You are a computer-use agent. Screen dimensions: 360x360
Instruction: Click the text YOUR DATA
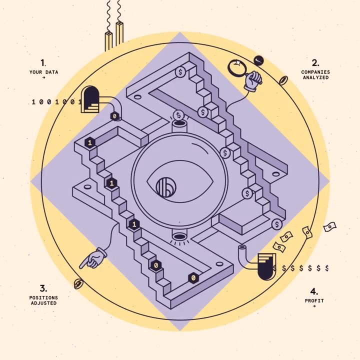(x=43, y=72)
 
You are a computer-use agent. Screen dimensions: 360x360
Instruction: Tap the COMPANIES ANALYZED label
(x=315, y=75)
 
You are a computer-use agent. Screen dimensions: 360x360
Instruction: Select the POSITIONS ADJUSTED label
(x=43, y=300)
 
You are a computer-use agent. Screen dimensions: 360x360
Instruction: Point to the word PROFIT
(x=314, y=301)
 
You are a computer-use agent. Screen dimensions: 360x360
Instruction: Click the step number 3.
(x=43, y=288)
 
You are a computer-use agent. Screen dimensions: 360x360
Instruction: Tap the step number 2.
(x=315, y=63)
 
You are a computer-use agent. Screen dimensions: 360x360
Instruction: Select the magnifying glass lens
(x=237, y=67)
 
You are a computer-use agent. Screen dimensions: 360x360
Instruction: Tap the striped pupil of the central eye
(x=166, y=187)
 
